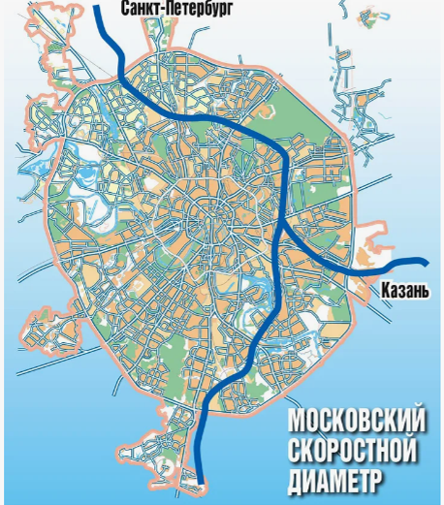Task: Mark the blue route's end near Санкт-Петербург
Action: (100, 5)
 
